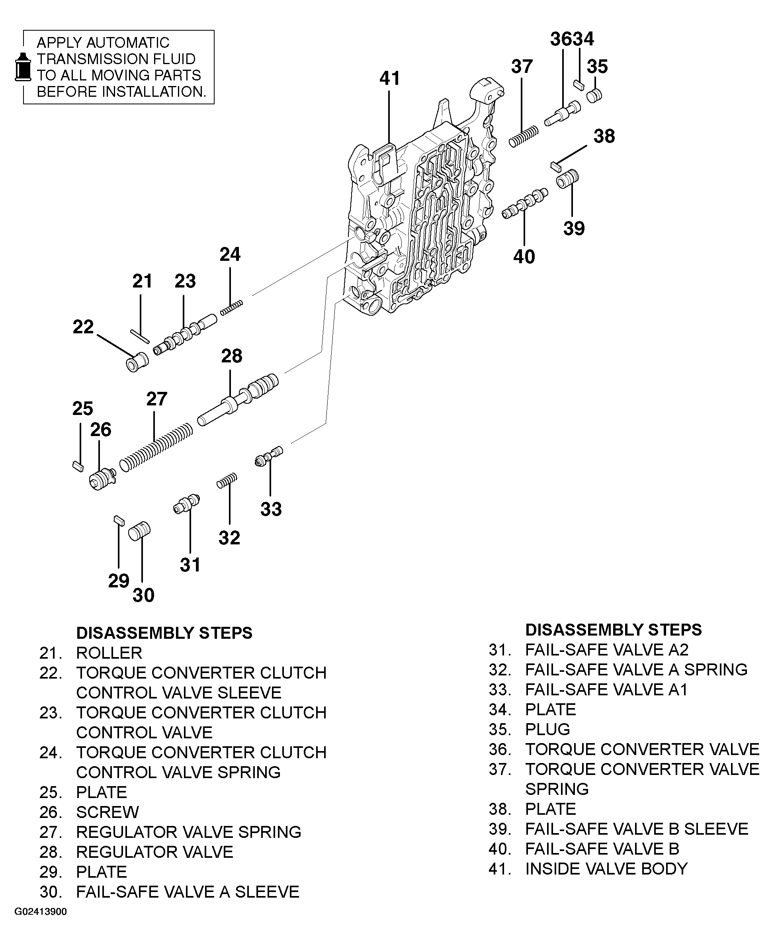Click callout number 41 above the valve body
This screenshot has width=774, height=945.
390,78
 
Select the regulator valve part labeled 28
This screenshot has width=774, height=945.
239,399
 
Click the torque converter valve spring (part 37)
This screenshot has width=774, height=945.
524,136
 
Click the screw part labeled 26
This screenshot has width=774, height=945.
102,479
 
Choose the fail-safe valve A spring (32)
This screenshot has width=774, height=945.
227,481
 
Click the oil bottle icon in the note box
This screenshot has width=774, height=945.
23,67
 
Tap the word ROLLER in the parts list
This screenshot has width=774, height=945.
109,653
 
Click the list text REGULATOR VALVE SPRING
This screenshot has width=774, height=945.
188,832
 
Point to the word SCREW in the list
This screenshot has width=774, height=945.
107,812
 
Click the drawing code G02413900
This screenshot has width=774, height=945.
41,912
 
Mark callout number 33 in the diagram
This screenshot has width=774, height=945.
271,509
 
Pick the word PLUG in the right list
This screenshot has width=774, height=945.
547,729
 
